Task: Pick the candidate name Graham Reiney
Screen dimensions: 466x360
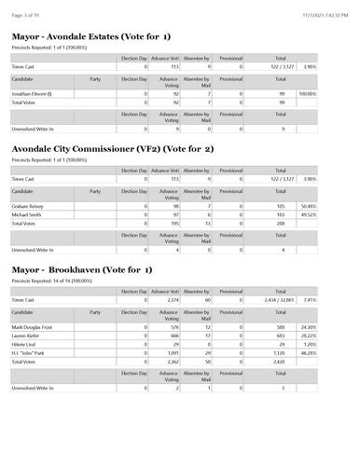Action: (29, 206)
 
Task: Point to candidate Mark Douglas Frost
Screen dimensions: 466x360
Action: (35, 327)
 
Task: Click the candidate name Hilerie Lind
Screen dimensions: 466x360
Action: (25, 345)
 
